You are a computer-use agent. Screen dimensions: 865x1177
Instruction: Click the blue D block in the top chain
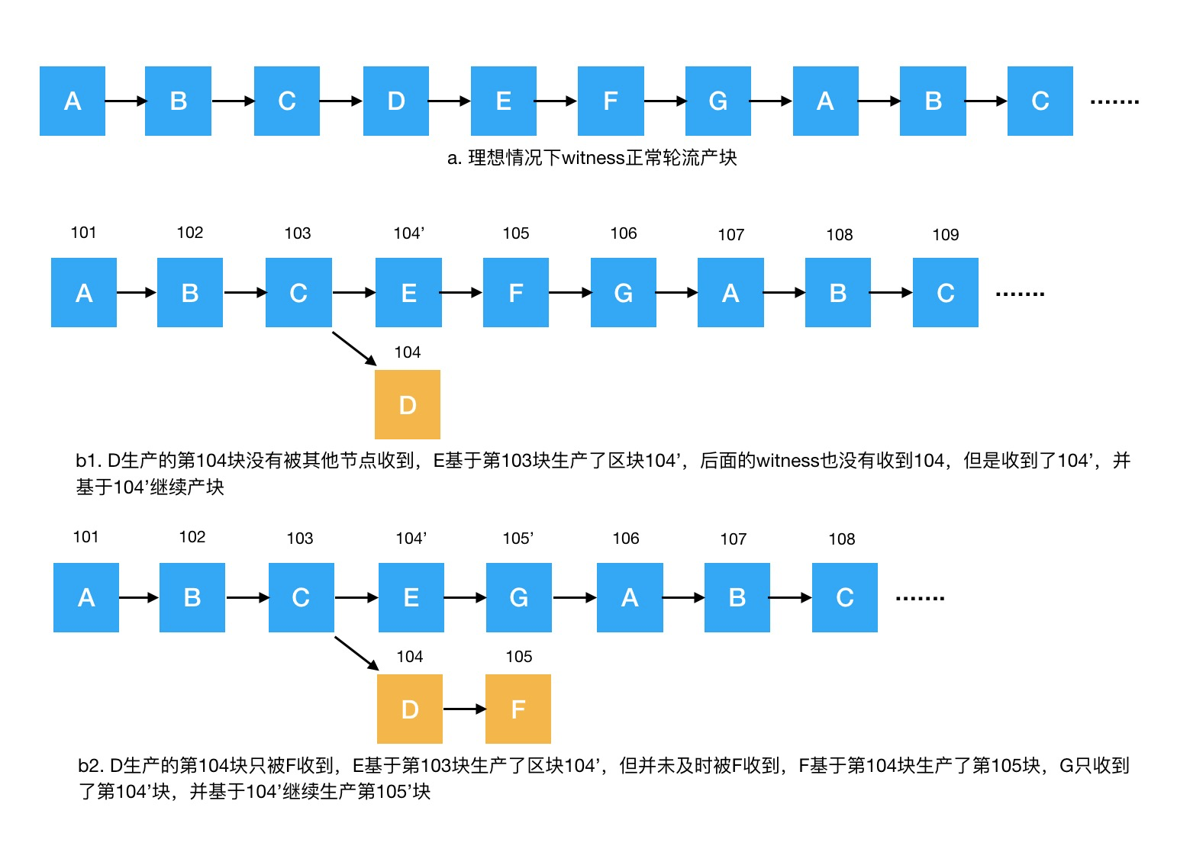tap(395, 101)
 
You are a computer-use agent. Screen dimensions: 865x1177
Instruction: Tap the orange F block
tap(518, 709)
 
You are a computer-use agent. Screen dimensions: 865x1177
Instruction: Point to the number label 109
tap(945, 235)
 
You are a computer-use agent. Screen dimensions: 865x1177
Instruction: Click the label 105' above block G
tap(518, 539)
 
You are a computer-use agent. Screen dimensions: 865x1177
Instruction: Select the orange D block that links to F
tap(409, 709)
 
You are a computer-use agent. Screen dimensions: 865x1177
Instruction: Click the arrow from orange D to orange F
tap(464, 709)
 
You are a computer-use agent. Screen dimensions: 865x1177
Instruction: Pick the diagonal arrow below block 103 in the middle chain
tap(354, 348)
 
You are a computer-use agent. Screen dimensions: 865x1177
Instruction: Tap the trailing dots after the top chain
tap(1114, 101)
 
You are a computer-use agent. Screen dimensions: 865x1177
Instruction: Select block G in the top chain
tap(717, 101)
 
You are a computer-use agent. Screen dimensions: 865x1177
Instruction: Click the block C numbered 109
tap(945, 292)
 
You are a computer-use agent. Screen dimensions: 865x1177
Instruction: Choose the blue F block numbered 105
tap(515, 292)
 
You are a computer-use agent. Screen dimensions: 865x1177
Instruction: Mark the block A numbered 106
tap(629, 597)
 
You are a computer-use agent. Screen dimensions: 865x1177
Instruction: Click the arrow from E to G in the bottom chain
tap(465, 597)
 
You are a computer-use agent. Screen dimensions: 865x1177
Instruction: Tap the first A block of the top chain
tap(73, 101)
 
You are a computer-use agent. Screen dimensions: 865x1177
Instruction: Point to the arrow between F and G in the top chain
tap(664, 101)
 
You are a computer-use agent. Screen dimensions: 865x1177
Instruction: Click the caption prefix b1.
tap(88, 461)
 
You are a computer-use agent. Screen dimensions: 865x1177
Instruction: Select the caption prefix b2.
tap(90, 766)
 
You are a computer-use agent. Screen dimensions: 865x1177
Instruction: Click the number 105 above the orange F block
tap(518, 657)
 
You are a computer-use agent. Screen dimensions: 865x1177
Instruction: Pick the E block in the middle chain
tap(408, 292)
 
